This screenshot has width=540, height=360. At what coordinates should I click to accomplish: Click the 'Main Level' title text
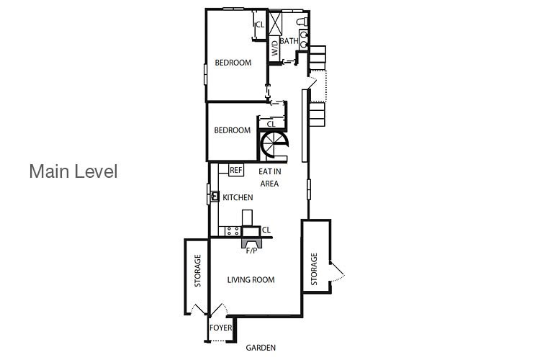(x=73, y=171)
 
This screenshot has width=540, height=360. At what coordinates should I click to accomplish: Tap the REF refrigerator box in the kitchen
(x=236, y=170)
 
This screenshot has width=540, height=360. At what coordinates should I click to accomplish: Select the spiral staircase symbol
(x=274, y=145)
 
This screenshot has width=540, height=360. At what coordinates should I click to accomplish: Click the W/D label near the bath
(x=274, y=48)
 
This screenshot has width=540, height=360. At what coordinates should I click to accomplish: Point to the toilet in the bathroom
(x=302, y=22)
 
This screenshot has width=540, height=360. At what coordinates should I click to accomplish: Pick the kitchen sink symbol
(x=215, y=197)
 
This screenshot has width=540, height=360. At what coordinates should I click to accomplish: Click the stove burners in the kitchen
(x=233, y=231)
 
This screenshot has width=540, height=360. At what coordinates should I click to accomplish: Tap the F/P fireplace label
(x=252, y=251)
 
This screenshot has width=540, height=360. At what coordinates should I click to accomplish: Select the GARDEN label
(x=261, y=348)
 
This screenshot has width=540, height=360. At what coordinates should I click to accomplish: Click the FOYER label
(x=221, y=328)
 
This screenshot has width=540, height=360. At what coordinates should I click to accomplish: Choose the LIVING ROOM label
(x=251, y=280)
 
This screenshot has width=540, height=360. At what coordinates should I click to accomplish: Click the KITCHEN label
(x=238, y=197)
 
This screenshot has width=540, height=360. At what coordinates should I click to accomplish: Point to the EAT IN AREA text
(x=270, y=177)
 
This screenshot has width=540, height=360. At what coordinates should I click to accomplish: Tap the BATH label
(x=289, y=41)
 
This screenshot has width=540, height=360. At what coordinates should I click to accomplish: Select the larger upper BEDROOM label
(x=233, y=63)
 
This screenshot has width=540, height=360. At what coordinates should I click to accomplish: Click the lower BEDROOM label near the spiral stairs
(x=233, y=130)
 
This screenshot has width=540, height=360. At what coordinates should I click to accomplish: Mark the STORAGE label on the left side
(x=198, y=271)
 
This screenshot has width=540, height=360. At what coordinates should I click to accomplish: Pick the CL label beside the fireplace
(x=266, y=230)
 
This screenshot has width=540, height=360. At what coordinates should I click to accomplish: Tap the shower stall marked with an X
(x=275, y=24)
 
